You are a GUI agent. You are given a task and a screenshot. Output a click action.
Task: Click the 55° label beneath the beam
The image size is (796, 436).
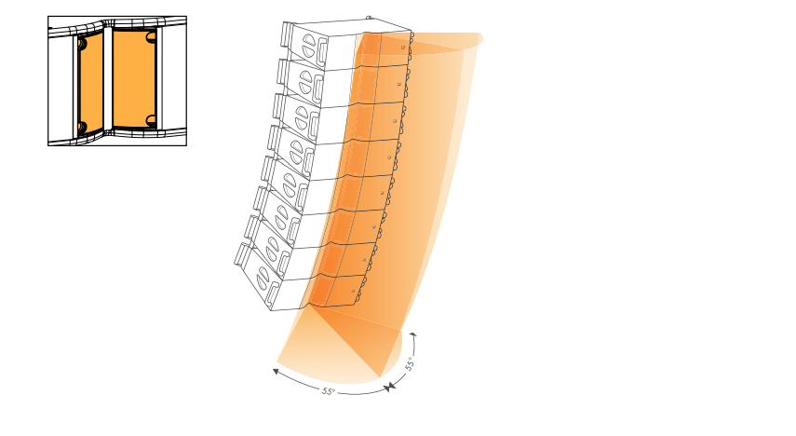329,391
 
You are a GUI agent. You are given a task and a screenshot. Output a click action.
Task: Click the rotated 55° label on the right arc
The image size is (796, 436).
410,363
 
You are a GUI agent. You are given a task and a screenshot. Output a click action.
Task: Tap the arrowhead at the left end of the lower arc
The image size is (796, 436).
276,372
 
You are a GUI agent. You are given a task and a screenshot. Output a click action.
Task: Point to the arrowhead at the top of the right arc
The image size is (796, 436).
413,334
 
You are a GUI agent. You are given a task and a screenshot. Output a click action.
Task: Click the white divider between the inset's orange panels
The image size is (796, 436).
108,80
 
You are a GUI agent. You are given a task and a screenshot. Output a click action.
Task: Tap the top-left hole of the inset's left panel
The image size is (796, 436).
83,44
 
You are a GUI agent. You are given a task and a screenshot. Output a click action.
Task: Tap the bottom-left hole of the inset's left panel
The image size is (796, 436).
82,128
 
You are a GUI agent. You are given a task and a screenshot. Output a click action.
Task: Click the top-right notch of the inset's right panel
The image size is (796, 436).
151,36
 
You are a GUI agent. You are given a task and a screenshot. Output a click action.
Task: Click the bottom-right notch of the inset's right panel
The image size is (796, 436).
151,120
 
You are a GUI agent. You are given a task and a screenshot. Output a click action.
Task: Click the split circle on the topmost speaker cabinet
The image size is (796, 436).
309,47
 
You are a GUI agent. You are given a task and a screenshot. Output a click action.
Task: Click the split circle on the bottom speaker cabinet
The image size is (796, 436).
263,279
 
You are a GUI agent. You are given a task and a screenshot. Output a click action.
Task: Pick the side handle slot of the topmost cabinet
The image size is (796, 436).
322,53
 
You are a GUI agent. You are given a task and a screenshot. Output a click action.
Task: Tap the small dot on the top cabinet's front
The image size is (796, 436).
403,48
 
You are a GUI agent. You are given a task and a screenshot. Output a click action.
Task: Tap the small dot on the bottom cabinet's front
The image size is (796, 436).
354,292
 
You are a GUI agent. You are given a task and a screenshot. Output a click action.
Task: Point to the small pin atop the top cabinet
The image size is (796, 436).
369,18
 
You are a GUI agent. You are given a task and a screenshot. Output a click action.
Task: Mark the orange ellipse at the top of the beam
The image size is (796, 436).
447,43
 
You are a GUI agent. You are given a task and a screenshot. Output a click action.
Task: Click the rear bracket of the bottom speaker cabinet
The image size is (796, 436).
242,254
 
